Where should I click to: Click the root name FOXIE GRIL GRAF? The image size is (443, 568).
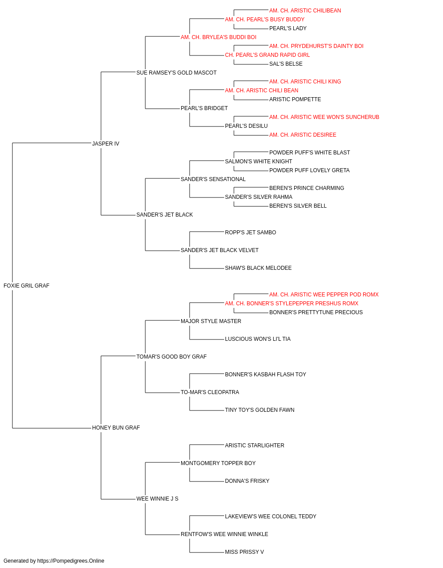tap(26, 285)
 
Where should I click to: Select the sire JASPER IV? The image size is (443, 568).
tap(106, 143)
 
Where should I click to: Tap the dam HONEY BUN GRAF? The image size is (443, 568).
tap(116, 427)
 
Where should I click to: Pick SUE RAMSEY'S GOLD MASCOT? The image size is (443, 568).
tap(176, 73)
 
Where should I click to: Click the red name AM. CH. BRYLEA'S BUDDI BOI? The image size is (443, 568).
tap(218, 37)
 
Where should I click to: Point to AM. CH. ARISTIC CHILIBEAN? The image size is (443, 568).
tap(305, 11)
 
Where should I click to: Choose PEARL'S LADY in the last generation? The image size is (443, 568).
tap(288, 28)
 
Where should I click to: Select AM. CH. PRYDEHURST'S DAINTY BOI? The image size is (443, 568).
tap(316, 46)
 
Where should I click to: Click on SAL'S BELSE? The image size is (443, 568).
tap(286, 64)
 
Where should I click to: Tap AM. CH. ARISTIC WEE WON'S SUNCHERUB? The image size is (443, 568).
tap(324, 117)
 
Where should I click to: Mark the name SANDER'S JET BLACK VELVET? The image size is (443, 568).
tap(219, 250)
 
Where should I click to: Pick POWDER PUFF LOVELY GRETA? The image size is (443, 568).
tap(309, 170)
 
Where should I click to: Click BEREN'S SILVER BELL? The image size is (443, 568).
tap(298, 206)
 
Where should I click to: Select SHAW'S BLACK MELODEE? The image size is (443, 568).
tap(258, 268)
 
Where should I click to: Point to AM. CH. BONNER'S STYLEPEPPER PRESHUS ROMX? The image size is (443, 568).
tap(291, 303)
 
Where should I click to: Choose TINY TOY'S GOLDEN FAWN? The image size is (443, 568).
tap(260, 410)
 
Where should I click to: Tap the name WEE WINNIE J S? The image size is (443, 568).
tap(157, 498)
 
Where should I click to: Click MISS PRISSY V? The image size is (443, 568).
tap(244, 552)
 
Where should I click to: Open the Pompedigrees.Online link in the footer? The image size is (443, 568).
tap(70, 561)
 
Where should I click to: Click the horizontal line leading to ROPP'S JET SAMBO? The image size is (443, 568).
tap(206, 232)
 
